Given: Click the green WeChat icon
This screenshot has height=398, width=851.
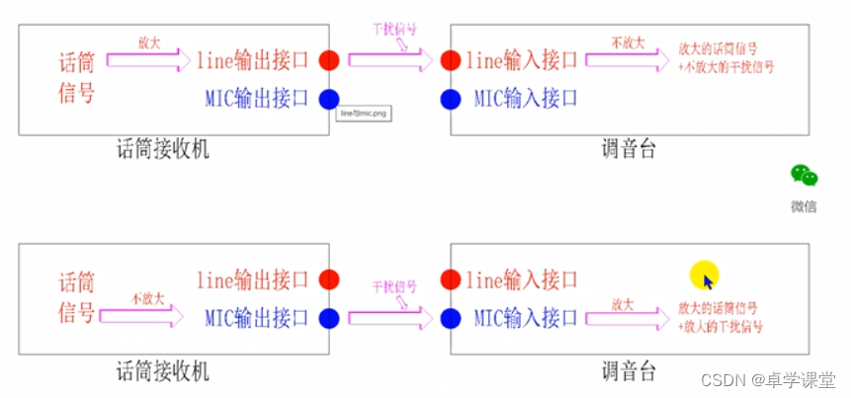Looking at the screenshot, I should click(804, 176).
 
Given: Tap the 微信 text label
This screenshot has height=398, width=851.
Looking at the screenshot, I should click(804, 206).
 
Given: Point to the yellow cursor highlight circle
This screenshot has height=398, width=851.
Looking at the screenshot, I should click(704, 276).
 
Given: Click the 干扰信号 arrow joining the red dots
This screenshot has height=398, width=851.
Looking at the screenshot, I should click(390, 60).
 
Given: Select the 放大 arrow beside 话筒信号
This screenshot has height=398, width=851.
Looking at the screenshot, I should click(148, 61).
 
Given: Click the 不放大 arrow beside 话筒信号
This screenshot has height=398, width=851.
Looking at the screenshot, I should click(148, 315).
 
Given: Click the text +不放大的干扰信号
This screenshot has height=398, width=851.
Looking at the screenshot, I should click(726, 68).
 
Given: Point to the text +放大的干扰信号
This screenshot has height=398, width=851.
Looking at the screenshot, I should click(726, 326).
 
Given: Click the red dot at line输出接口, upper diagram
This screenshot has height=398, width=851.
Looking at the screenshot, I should click(329, 60).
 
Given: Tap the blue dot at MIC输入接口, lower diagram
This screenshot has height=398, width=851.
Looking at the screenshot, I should click(451, 318).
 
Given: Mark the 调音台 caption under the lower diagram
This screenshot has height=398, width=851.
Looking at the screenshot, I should click(629, 371).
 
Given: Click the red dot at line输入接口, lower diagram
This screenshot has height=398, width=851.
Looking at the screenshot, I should click(451, 279).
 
